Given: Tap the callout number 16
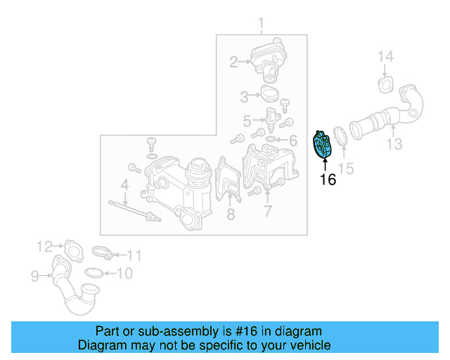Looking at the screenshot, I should pyautogui.click(x=328, y=179).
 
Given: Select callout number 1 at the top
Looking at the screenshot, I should pyautogui.click(x=261, y=27).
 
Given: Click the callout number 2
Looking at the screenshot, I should pyautogui.click(x=233, y=63).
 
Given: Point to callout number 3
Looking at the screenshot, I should pyautogui.click(x=245, y=95).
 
